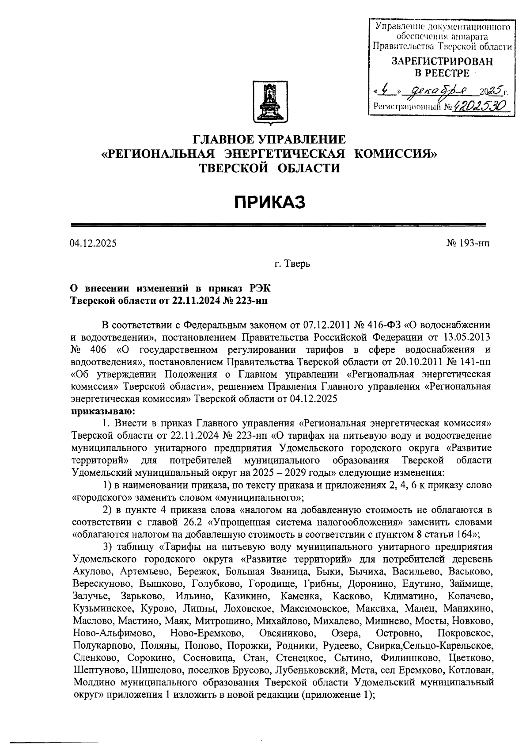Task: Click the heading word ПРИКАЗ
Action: (270, 203)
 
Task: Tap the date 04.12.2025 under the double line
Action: (93, 243)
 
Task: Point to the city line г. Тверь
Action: (292, 264)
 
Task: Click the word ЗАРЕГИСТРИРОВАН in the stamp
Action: (442, 62)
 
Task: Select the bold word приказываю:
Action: (97, 411)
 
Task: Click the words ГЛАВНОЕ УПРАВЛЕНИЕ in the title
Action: (270, 140)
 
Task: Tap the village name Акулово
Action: (90, 572)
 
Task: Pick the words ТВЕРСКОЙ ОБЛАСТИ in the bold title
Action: (270, 168)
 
